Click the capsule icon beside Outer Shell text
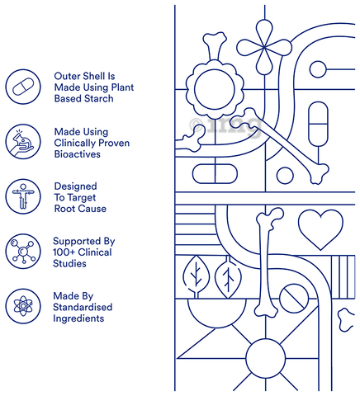tap(23, 87)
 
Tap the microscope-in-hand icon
tap(23, 142)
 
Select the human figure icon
tap(23, 196)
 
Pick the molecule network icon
tap(23, 252)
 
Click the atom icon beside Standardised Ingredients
tap(23, 306)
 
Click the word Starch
tap(99, 98)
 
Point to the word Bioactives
tap(78, 154)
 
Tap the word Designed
tap(76, 186)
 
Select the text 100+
tap(64, 252)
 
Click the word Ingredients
tap(78, 318)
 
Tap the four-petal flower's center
tap(264, 48)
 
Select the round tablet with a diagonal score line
tap(294, 299)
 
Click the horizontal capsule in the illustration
tap(215, 174)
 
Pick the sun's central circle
tap(266, 358)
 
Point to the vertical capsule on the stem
tap(318, 125)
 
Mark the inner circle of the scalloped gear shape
tap(215, 89)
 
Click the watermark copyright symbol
tap(197, 125)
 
